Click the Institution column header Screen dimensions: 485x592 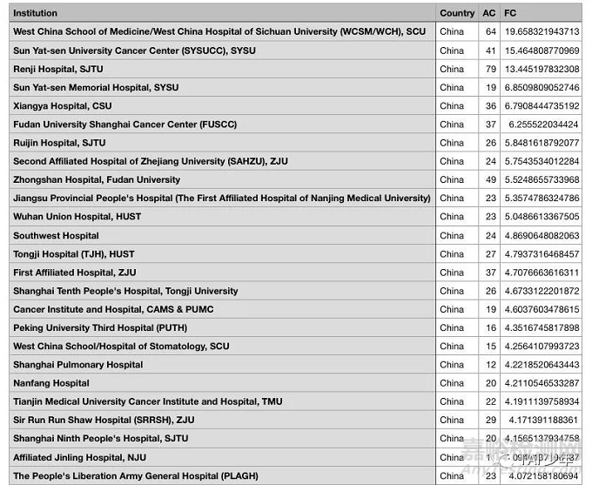click(36, 13)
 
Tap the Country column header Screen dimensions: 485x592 click(457, 13)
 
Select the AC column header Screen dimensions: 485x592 click(490, 13)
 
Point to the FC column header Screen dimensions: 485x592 click(511, 13)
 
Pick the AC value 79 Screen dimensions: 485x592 click(491, 69)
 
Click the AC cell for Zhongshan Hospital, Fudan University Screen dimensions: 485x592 click(491, 179)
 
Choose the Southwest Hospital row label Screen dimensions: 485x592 click(56, 235)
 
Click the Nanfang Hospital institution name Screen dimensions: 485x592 click(50, 383)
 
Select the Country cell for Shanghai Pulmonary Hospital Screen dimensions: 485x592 click(452, 365)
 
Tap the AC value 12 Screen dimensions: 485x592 click(491, 365)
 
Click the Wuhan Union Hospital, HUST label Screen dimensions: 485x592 click(76, 217)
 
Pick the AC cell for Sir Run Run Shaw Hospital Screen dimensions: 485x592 click(491, 421)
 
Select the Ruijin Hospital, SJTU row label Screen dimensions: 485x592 click(59, 143)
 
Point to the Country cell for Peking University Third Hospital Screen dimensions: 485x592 click(452, 328)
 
